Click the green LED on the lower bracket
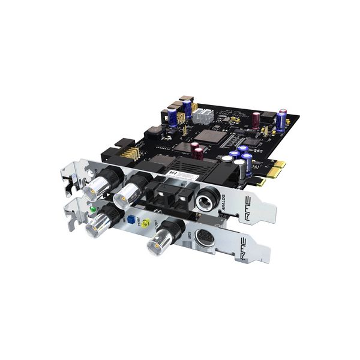click(92, 210)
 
